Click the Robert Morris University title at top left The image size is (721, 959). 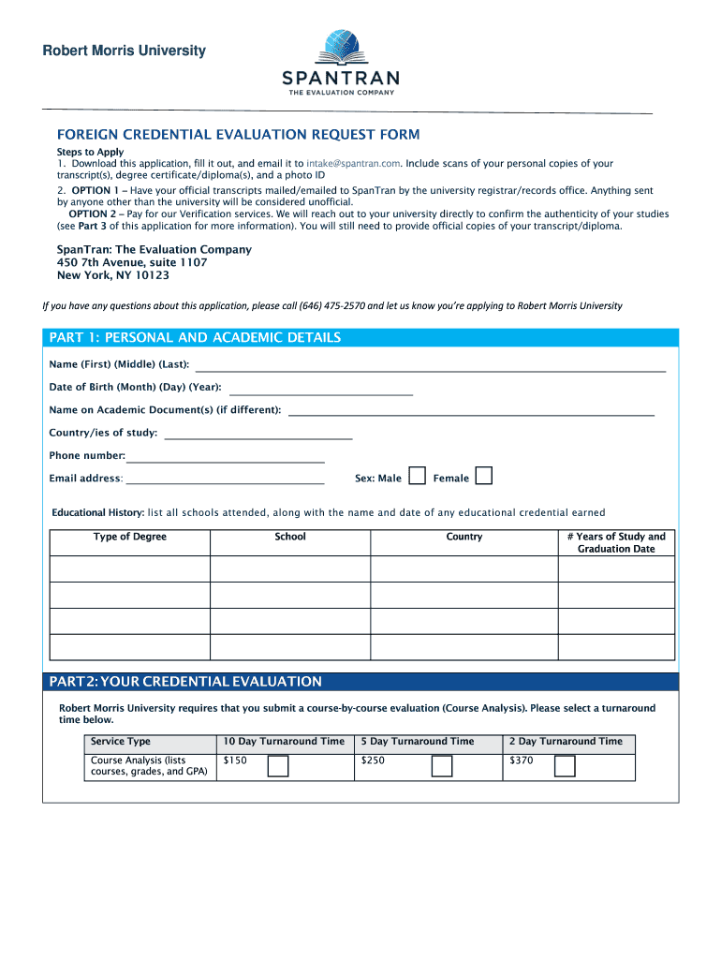tap(124, 51)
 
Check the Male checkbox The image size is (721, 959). tap(418, 477)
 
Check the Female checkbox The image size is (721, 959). tap(483, 477)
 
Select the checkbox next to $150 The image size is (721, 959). tap(278, 767)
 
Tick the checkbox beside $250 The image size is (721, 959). tap(442, 767)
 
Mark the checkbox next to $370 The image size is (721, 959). tap(565, 767)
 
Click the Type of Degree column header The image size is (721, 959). tap(130, 537)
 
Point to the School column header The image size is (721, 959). tap(290, 537)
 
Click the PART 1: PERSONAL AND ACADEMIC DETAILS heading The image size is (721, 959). tap(195, 337)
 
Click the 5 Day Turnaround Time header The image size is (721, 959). tap(418, 742)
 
